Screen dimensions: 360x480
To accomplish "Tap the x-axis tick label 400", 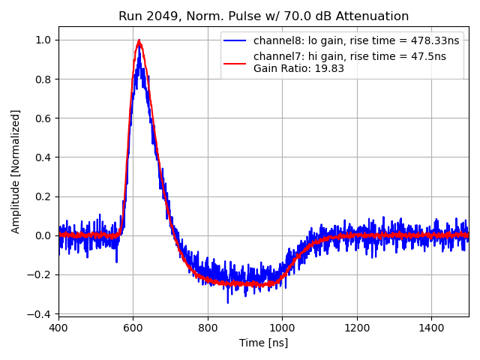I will coord(58,328).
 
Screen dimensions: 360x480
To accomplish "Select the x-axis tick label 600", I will coord(133,328).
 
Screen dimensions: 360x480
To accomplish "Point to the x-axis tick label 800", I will coord(208,328).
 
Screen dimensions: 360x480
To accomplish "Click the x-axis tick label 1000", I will coord(282,328).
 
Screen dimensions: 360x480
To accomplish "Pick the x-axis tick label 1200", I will coord(357,328).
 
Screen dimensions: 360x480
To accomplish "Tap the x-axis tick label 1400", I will coord(431,328).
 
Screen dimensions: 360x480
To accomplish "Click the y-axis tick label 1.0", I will coord(43,40).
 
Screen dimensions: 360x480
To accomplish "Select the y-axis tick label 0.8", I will coord(43,79).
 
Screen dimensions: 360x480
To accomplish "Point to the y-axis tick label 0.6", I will coord(43,118).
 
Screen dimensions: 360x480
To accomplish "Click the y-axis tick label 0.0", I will coord(43,235).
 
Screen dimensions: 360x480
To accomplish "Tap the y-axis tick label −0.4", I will coord(40,313).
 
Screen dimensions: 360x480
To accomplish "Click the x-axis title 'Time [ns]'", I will coord(263,343).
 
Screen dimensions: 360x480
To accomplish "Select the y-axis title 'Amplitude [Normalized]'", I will coord(16,171).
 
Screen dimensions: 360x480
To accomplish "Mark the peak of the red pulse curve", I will coord(139,40).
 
